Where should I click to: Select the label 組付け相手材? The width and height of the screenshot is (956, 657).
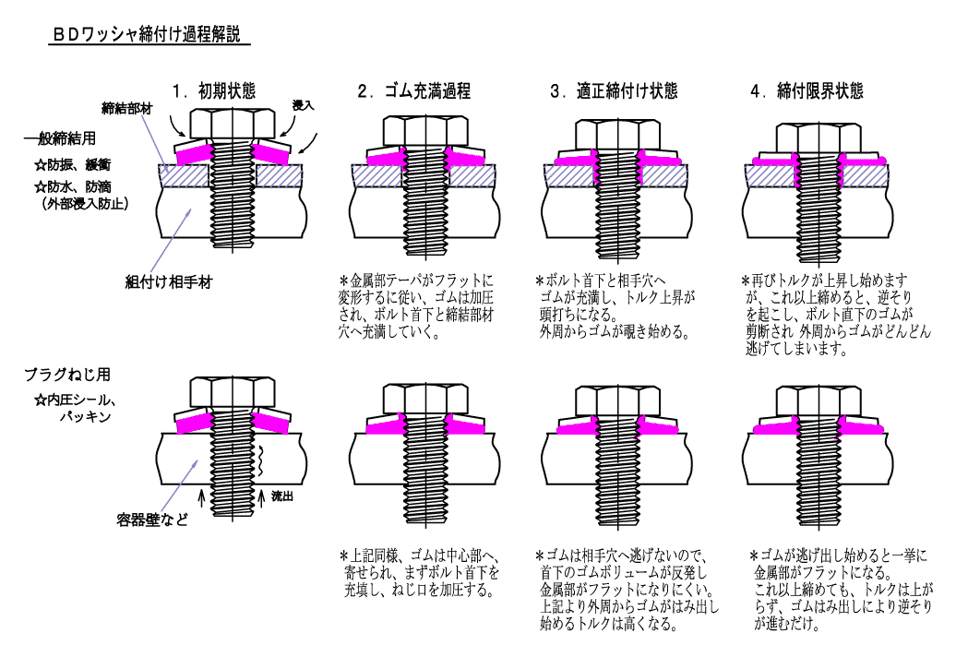pyautogui.click(x=169, y=281)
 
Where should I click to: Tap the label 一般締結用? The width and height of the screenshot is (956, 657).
pyautogui.click(x=60, y=140)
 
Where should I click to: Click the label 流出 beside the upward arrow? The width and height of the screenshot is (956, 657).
pyautogui.click(x=281, y=496)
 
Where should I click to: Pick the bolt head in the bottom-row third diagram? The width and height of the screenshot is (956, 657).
pyautogui.click(x=615, y=399)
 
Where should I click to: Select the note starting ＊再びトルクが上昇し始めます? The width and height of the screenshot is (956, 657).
pyautogui.click(x=827, y=315)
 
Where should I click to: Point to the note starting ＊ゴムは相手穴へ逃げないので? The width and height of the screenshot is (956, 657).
pyautogui.click(x=626, y=590)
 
